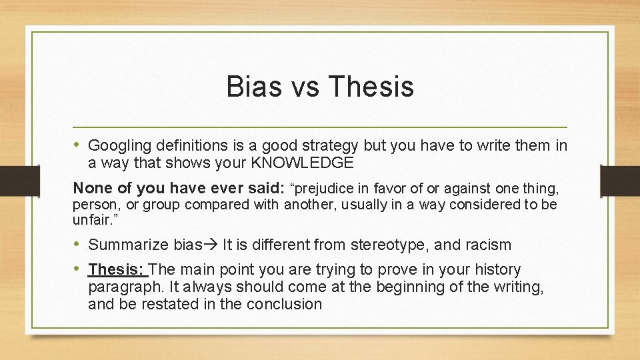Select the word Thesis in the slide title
coord(371,87)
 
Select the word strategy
coord(331,145)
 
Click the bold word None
coord(91,188)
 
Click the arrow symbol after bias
coord(211,245)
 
